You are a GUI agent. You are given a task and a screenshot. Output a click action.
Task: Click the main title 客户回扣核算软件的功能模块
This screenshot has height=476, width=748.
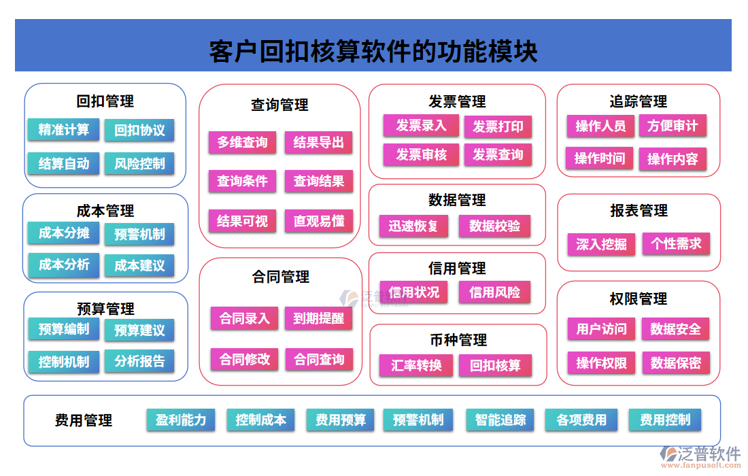373,52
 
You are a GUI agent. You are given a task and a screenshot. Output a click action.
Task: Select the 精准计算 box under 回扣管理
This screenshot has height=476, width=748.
63,129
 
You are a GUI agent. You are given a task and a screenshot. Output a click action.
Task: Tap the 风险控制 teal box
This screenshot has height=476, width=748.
139,163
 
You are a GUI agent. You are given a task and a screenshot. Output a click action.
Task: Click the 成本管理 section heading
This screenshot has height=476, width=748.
105,211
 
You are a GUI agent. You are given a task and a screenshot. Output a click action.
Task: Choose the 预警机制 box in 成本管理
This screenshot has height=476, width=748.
139,234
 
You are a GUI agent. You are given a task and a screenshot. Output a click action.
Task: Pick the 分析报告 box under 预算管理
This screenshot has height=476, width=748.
139,361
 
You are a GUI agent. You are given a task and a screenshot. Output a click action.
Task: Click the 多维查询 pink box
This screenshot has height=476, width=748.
242,142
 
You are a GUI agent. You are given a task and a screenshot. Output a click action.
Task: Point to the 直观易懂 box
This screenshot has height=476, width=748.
319,221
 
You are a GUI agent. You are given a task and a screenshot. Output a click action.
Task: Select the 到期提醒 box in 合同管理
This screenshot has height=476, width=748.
319,318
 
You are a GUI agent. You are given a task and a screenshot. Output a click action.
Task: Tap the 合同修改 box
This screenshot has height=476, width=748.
244,359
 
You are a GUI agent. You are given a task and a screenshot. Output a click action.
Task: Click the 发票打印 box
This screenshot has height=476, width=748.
498,126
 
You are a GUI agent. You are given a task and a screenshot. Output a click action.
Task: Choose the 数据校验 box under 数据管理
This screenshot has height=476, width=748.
494,226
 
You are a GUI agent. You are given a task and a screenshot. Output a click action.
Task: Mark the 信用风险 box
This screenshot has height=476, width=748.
494,292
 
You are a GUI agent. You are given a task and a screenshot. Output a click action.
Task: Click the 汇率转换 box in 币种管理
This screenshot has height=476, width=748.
416,365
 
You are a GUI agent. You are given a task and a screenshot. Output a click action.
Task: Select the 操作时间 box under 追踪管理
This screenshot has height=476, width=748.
599,158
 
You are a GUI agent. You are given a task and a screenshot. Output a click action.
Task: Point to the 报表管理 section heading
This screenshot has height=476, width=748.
639,211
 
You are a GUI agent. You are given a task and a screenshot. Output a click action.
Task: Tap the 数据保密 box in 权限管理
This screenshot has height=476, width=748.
675,362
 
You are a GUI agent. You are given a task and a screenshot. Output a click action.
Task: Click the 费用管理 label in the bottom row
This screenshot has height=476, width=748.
84,421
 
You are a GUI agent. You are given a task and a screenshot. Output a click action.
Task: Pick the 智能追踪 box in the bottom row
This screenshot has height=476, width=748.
500,420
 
